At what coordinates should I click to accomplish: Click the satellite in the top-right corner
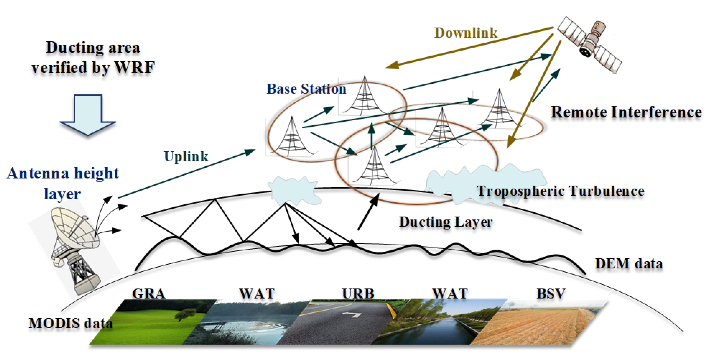click(x=590, y=44)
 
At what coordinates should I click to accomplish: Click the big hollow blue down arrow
click(x=88, y=115)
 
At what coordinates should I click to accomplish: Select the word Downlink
click(x=466, y=33)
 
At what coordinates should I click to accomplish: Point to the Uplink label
click(x=186, y=156)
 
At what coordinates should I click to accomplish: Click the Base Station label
click(x=306, y=89)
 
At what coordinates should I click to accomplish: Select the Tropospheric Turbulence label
click(x=561, y=191)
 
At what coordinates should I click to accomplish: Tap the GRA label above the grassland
click(x=149, y=294)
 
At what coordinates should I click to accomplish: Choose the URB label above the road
click(x=358, y=294)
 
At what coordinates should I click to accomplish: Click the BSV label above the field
click(x=551, y=294)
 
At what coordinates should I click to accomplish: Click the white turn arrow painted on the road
click(x=352, y=315)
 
